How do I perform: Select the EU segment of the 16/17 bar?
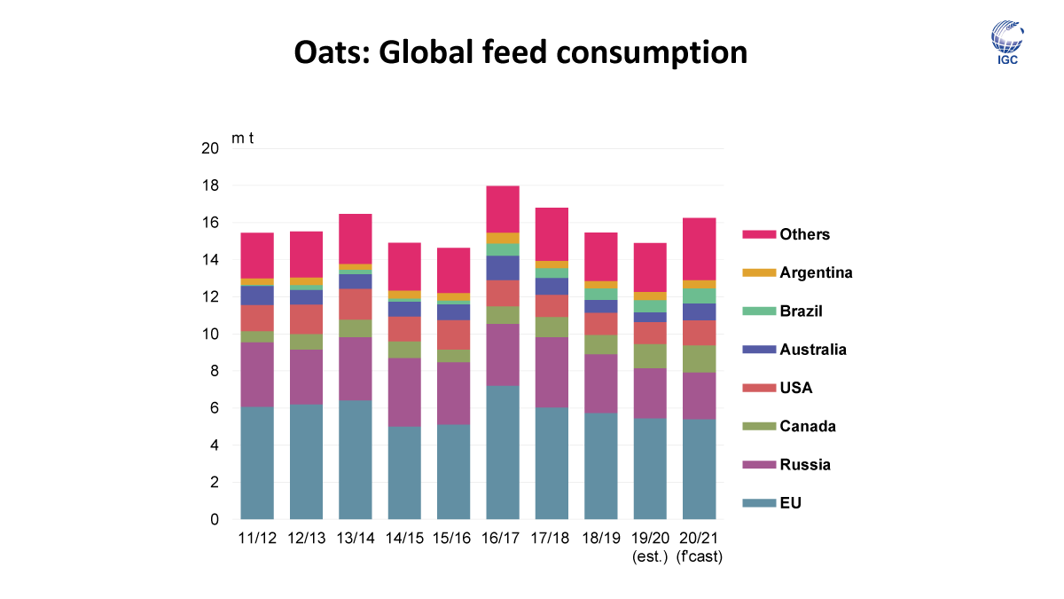(x=502, y=453)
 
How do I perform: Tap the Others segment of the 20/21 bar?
(x=699, y=248)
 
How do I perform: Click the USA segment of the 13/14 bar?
(x=355, y=303)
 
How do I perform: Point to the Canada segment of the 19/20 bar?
(x=650, y=356)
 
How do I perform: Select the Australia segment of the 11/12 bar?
(x=257, y=295)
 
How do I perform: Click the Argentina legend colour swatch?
(x=759, y=273)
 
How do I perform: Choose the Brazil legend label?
(x=802, y=311)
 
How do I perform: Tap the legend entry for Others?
(x=804, y=234)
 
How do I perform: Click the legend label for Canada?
(x=808, y=427)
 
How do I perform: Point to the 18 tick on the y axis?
(x=209, y=186)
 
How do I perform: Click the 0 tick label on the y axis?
(x=214, y=520)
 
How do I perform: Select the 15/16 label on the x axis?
(x=452, y=539)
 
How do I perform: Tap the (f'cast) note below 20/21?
(x=699, y=556)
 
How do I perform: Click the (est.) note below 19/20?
(x=650, y=556)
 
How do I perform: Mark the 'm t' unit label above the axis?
(x=243, y=138)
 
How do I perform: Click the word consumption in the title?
(x=651, y=52)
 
